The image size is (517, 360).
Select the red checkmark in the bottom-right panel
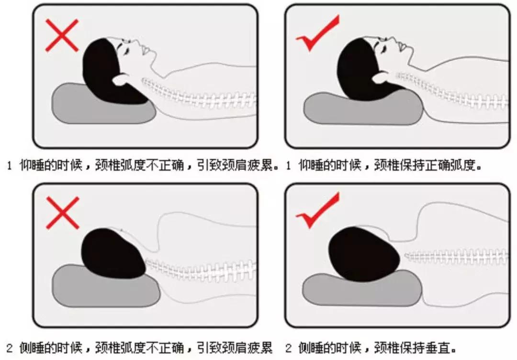(317, 213)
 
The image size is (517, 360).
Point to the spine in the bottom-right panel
(455, 257)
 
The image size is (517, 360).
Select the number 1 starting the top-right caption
(288, 167)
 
